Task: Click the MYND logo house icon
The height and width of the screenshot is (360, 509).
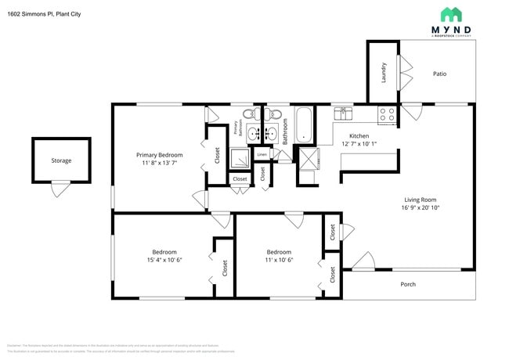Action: coord(451,14)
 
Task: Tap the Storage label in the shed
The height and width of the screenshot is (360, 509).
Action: coord(61,160)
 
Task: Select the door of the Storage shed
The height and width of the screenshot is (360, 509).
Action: coord(60,189)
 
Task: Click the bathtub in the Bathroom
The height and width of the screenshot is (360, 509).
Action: coord(303,126)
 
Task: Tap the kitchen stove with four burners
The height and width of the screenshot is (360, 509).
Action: coord(387,115)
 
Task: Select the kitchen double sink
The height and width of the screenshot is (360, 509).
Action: coord(344,113)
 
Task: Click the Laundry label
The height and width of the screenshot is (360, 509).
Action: coord(384,73)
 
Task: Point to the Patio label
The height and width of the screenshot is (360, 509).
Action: coord(439,74)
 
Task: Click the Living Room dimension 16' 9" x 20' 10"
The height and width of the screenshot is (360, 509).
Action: coord(421,207)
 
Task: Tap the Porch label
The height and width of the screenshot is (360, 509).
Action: coord(408,284)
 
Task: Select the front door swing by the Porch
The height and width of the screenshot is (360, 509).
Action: coord(363,261)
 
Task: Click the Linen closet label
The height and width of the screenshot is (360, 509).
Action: coord(262,154)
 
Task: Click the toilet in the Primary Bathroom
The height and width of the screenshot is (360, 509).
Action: coord(249,115)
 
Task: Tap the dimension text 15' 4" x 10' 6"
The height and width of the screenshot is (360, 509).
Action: coord(164,260)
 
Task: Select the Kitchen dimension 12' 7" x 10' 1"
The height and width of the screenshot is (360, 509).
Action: coord(359,144)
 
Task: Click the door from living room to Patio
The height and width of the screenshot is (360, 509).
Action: coord(410,112)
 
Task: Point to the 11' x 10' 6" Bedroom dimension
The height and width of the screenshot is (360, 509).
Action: coord(279,260)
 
